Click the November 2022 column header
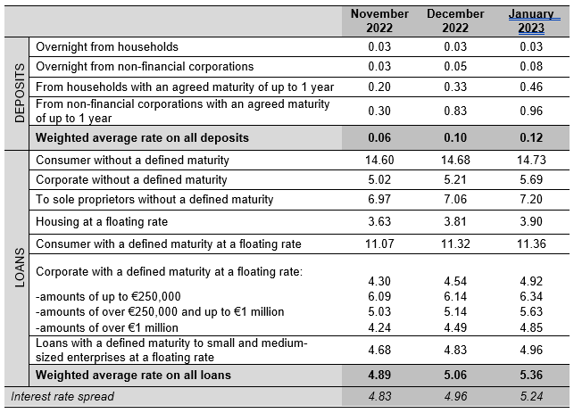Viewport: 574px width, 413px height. point(379,21)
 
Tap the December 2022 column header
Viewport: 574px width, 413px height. point(455,21)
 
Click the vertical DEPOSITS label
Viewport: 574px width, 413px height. point(20,93)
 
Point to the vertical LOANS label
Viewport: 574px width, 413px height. point(20,268)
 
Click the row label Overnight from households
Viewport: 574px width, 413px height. point(107,46)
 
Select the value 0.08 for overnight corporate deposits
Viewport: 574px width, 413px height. point(531,66)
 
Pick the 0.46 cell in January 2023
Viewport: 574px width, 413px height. point(531,87)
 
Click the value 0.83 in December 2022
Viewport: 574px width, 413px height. point(455,111)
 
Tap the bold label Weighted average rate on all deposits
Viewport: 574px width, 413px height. point(142,138)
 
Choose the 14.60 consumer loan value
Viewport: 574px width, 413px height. point(379,160)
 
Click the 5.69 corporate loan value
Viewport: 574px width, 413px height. point(531,179)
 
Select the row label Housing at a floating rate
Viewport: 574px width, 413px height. point(102,222)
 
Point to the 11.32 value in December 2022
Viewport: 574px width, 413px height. point(455,244)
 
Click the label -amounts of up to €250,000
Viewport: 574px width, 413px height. point(108,296)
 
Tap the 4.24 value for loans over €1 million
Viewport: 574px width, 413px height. point(379,327)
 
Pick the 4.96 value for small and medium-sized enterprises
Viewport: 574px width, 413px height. point(531,350)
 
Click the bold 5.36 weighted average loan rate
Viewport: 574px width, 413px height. point(531,375)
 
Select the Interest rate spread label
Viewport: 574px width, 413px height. point(62,397)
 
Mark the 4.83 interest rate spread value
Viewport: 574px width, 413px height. point(379,397)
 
